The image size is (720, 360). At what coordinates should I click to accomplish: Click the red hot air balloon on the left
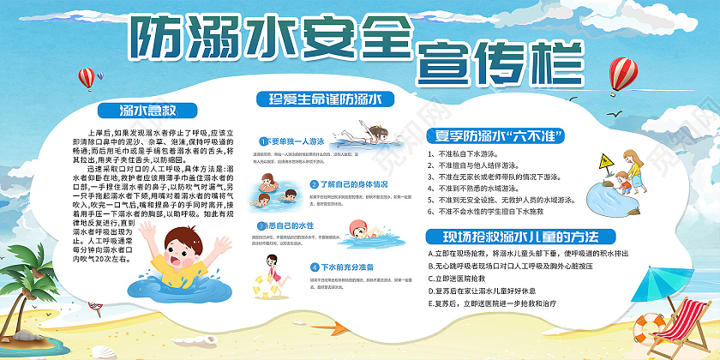tap(86, 78)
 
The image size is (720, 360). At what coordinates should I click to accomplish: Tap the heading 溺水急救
tap(148, 110)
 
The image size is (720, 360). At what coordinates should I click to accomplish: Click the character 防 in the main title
tap(152, 37)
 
